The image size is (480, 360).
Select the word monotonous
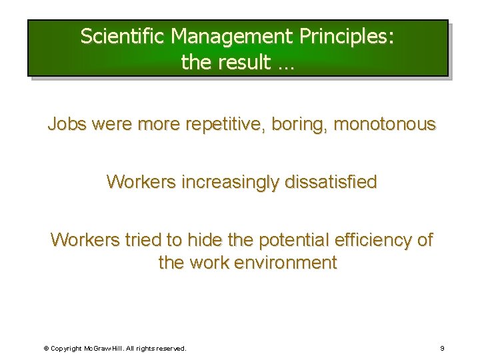point(384,125)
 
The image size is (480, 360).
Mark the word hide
point(204,239)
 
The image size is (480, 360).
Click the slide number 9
point(442,348)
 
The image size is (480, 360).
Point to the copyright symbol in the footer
point(46,348)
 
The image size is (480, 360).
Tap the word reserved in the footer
point(171,348)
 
